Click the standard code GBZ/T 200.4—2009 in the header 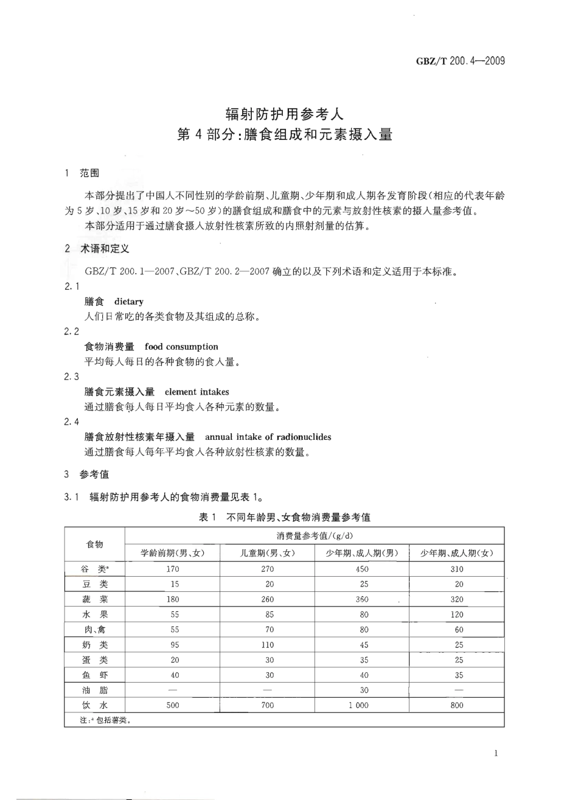click(461, 61)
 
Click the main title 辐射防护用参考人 click(285, 113)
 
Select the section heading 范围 click(89, 173)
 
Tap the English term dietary click(128, 301)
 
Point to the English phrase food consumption click(181, 347)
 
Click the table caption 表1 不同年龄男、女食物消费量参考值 click(285, 517)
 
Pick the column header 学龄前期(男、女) click(172, 553)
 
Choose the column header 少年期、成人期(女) click(457, 553)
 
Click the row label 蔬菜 click(94, 599)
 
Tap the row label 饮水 click(94, 705)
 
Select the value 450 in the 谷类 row click(362, 569)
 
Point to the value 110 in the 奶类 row click(267, 645)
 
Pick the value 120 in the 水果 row click(457, 614)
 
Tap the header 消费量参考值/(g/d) click(315, 536)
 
